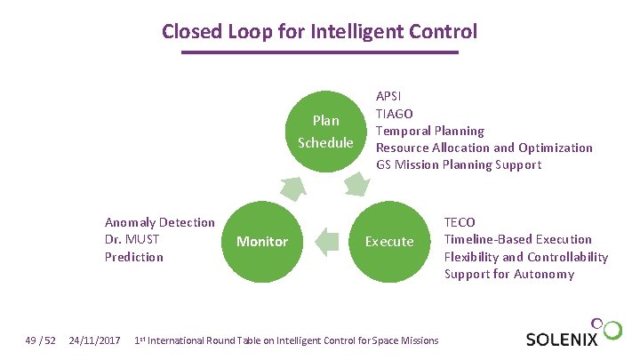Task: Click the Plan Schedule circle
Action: click(x=324, y=132)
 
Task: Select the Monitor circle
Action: click(x=261, y=241)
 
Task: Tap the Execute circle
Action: click(x=389, y=241)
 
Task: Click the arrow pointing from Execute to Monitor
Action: click(x=328, y=241)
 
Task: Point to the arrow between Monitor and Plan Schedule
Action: click(x=292, y=188)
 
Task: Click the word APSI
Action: click(x=388, y=96)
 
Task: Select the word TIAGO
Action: click(x=394, y=113)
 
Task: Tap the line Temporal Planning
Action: click(x=430, y=131)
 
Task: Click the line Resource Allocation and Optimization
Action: click(x=484, y=148)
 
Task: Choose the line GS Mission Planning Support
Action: click(x=459, y=164)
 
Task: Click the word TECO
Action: click(x=460, y=222)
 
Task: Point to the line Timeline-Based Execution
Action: click(x=517, y=239)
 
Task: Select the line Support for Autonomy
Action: click(x=509, y=274)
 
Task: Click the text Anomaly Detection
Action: click(x=160, y=222)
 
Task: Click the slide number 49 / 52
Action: click(x=42, y=340)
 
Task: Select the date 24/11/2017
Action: click(x=95, y=340)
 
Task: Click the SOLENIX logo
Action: click(x=572, y=335)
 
